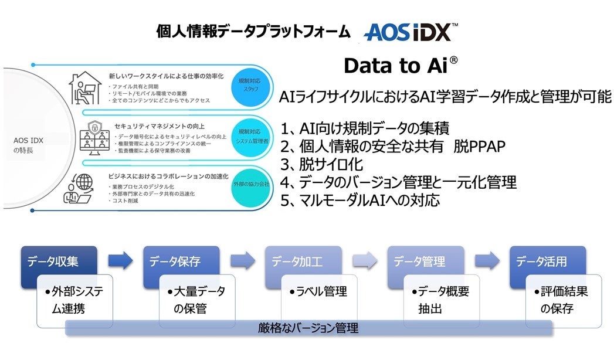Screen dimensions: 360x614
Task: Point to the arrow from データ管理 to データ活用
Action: (x=487, y=261)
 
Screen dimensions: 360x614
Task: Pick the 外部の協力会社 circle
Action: (x=250, y=184)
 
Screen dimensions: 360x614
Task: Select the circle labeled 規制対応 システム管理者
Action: (x=250, y=135)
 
